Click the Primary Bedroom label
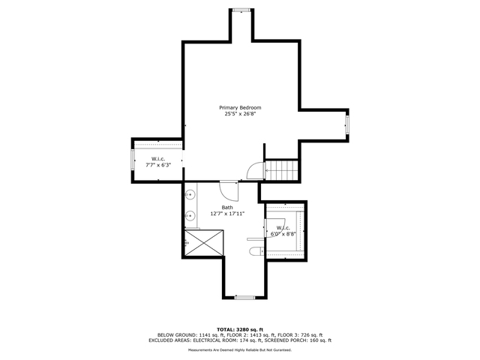tap(240, 108)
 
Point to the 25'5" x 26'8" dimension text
tap(240, 114)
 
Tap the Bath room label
tap(227, 208)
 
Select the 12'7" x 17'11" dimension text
tap(227, 214)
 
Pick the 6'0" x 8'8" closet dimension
tap(283, 234)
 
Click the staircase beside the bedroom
tap(281, 170)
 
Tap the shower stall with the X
tap(204, 242)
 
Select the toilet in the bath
tap(256, 251)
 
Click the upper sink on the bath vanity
tap(190, 195)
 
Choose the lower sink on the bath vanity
tap(190, 216)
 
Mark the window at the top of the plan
tap(241, 10)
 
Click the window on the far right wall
tap(347, 124)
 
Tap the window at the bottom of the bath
tap(245, 297)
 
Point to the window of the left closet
tap(133, 160)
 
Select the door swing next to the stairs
tap(256, 170)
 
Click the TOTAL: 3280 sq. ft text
tap(240, 330)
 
